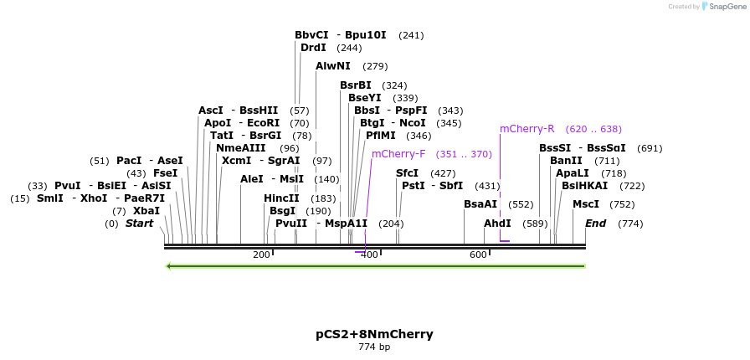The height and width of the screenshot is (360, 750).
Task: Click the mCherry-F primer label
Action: pyautogui.click(x=398, y=154)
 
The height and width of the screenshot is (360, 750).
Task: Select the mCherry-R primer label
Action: pyautogui.click(x=527, y=129)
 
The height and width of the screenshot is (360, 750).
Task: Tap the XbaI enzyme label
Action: pyautogui.click(x=146, y=211)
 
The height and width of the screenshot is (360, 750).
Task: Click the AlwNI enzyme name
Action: pyautogui.click(x=333, y=66)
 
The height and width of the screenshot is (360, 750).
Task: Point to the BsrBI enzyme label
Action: pyautogui.click(x=356, y=85)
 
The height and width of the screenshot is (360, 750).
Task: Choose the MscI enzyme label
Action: pyautogui.click(x=586, y=204)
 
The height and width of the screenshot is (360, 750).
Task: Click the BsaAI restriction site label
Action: pyautogui.click(x=480, y=204)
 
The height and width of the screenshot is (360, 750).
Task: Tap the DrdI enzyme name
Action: pyautogui.click(x=314, y=48)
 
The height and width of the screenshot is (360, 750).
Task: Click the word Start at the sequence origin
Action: pyautogui.click(x=140, y=224)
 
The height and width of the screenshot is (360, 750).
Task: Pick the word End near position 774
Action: pyautogui.click(x=595, y=224)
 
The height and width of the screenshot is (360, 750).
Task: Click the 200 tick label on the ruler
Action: pyautogui.click(x=261, y=255)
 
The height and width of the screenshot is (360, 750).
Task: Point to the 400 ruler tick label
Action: pyautogui.click(x=369, y=255)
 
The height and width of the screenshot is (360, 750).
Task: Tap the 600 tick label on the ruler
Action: pyautogui.click(x=478, y=255)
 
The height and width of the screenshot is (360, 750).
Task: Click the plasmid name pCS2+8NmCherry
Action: pyautogui.click(x=374, y=334)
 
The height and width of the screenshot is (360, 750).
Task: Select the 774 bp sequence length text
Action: pyautogui.click(x=374, y=347)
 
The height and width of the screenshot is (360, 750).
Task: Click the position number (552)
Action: pyautogui.click(x=521, y=204)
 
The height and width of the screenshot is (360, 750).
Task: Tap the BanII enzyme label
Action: pyautogui.click(x=566, y=161)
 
